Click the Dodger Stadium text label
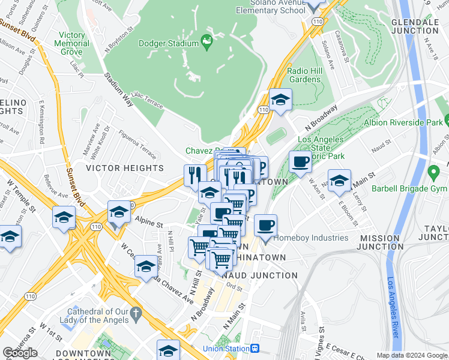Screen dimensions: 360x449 pos(169,43)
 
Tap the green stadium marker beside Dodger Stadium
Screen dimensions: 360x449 pos(207,41)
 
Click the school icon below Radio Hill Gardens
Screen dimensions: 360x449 pos(280,100)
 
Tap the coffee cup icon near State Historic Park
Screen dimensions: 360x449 pos(300,161)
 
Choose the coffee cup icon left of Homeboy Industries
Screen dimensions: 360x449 pos(265,226)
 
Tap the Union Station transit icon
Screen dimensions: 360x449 pos(255,348)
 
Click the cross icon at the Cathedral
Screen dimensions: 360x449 pos(136,312)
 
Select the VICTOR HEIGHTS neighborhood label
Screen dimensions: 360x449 pos(124,168)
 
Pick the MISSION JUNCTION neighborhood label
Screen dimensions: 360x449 pos(380,242)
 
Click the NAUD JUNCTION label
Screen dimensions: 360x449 pos(259,275)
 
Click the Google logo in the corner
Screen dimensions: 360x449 pos(20,353)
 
